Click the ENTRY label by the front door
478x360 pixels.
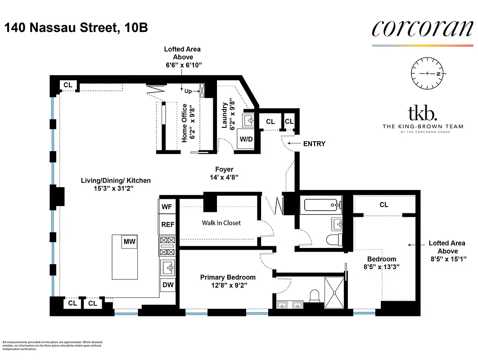click(x=314, y=144)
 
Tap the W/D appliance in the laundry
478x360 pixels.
click(x=246, y=139)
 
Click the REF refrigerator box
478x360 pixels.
click(x=167, y=225)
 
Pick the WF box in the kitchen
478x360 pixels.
click(x=167, y=207)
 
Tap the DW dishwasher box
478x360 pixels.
click(x=167, y=285)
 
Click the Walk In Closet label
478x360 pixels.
click(x=221, y=223)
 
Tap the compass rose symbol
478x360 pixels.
click(x=428, y=73)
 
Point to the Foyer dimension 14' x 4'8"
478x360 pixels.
click(x=224, y=177)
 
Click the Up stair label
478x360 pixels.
click(x=188, y=91)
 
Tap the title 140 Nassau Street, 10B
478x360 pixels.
click(x=76, y=28)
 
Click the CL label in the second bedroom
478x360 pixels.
click(x=383, y=205)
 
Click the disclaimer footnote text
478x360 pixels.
click(x=52, y=345)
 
